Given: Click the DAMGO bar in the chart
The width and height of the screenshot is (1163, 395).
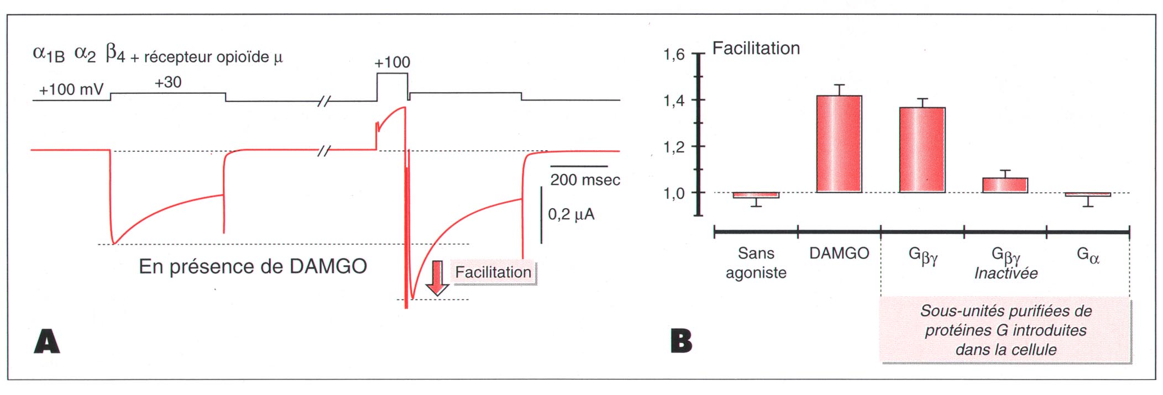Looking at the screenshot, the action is pyautogui.click(x=839, y=144).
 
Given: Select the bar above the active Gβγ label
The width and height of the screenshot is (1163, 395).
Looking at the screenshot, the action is pyautogui.click(x=922, y=150).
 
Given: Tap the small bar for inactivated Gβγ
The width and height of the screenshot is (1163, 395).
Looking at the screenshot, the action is pyautogui.click(x=1005, y=185).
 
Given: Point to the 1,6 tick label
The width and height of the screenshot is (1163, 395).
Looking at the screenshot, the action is pyautogui.click(x=674, y=55).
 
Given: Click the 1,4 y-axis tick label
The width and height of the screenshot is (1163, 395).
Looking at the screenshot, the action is pyautogui.click(x=674, y=101).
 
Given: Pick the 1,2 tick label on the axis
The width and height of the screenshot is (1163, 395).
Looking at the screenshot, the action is pyautogui.click(x=674, y=147).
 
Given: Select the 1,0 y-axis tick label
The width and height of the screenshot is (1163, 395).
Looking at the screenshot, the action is pyautogui.click(x=674, y=193).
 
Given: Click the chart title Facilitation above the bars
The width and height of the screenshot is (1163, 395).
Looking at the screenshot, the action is pyautogui.click(x=756, y=48).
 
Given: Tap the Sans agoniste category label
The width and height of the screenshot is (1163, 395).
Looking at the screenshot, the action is pyautogui.click(x=756, y=263).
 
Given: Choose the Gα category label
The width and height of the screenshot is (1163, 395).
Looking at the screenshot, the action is pyautogui.click(x=1088, y=255).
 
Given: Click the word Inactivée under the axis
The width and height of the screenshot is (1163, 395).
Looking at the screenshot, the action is pyautogui.click(x=1005, y=273).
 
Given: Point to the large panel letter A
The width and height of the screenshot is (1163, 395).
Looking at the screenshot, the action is pyautogui.click(x=47, y=341).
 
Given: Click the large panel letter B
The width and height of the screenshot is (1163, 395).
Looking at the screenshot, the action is pyautogui.click(x=681, y=341).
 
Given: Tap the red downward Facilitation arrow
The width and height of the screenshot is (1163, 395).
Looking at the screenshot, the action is pyautogui.click(x=437, y=278).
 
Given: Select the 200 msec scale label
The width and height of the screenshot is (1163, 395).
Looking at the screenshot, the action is pyautogui.click(x=585, y=180).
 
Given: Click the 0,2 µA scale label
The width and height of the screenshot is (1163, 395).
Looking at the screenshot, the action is pyautogui.click(x=571, y=214).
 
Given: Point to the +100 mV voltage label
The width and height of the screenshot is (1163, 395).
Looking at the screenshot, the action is pyautogui.click(x=71, y=89).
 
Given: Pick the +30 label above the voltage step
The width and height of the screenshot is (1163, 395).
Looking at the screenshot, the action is pyautogui.click(x=168, y=82).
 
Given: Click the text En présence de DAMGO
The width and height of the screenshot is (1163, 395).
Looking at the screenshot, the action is pyautogui.click(x=253, y=266).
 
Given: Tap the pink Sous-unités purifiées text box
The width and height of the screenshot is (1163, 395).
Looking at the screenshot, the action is pyautogui.click(x=1005, y=330).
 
